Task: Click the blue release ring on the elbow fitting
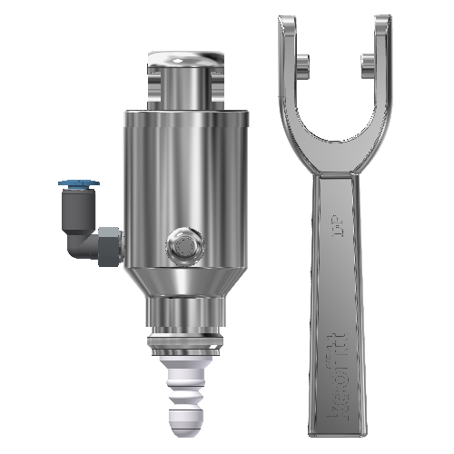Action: [73, 184]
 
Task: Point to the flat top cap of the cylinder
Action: [185, 60]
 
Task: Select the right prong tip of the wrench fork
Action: [381, 25]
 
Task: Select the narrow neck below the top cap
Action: [185, 91]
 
